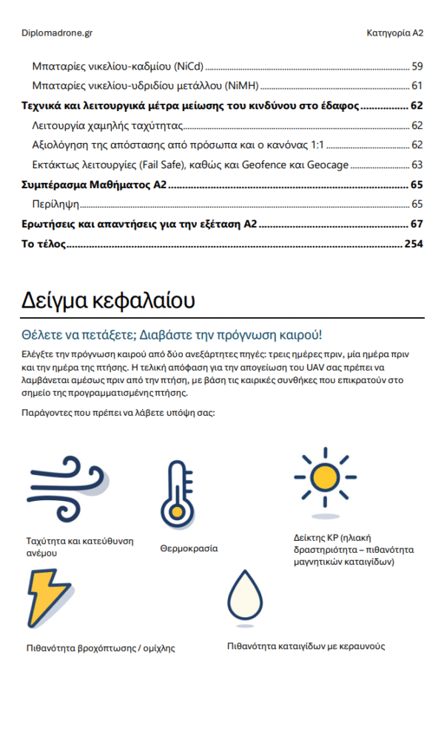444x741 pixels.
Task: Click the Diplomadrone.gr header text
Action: coord(57,33)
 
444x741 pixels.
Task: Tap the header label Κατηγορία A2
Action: coord(394,33)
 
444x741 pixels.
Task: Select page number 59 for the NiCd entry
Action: coord(417,66)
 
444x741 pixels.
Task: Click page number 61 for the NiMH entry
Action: coord(417,86)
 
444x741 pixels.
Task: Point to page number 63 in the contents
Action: coord(417,165)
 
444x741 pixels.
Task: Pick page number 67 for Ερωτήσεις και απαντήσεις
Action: coord(416,224)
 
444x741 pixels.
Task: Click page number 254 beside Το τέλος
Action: coord(413,244)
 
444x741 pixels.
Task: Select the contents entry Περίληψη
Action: coord(55,204)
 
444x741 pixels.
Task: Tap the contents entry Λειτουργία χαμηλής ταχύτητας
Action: coord(107,125)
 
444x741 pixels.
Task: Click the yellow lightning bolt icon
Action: coord(51,597)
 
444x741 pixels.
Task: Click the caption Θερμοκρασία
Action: coord(189,549)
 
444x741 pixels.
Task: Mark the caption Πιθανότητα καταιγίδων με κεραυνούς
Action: coord(306,646)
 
